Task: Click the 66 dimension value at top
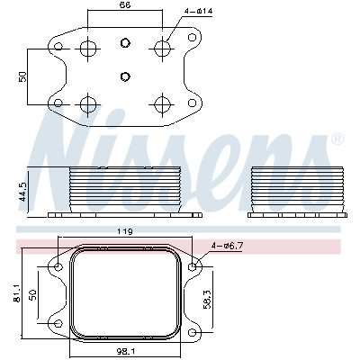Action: pyautogui.click(x=124, y=4)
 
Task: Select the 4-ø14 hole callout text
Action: pyautogui.click(x=198, y=12)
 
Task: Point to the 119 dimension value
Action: pyautogui.click(x=125, y=231)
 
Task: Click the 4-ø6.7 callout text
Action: pyautogui.click(x=227, y=246)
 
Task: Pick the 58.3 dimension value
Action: pyautogui.click(x=207, y=299)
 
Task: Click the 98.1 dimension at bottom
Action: pyautogui.click(x=125, y=351)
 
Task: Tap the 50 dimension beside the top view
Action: pyautogui.click(x=22, y=76)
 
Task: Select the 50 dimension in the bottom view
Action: pyautogui.click(x=32, y=294)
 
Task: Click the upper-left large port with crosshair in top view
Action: pyautogui.click(x=88, y=49)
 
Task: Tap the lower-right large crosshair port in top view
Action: pyautogui.click(x=163, y=105)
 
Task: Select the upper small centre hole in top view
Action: pyautogui.click(x=125, y=43)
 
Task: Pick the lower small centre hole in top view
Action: pyautogui.click(x=125, y=76)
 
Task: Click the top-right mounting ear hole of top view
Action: pyautogui.click(x=192, y=38)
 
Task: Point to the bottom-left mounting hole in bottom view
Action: pyautogui.click(x=58, y=324)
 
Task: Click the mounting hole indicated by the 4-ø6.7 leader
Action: pyautogui.click(x=193, y=266)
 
